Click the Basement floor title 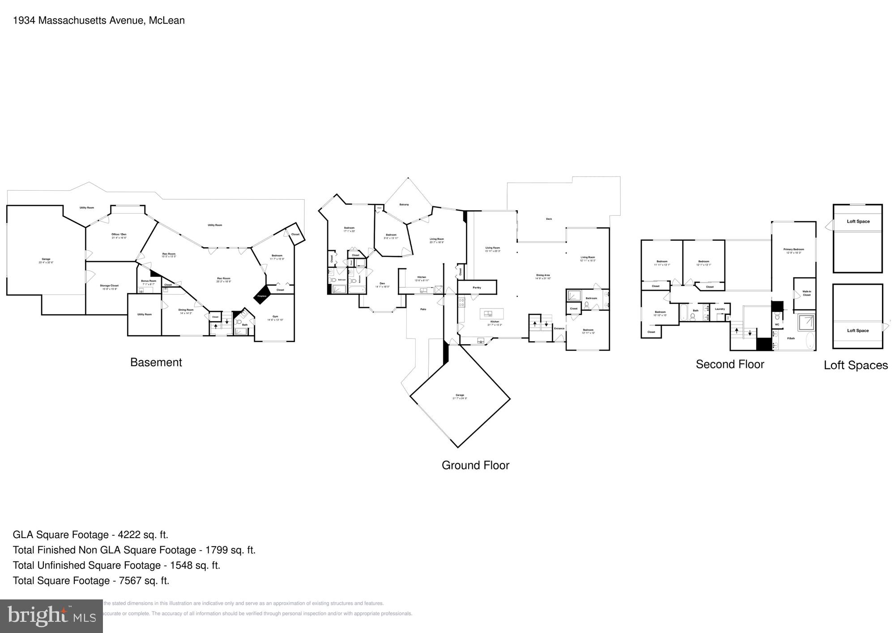[x=156, y=362]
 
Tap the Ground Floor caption [x=475, y=465]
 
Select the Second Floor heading [x=729, y=364]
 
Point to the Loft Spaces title [x=856, y=365]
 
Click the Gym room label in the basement [x=275, y=316]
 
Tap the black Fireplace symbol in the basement [x=261, y=295]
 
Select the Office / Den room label [x=119, y=235]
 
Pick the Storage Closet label [x=109, y=286]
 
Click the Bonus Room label [x=149, y=281]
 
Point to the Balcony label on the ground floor [x=404, y=205]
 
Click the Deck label [x=549, y=219]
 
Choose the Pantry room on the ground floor [x=477, y=287]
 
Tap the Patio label [x=423, y=309]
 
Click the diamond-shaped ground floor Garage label [x=460, y=395]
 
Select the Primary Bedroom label [x=793, y=249]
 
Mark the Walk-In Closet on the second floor [x=806, y=293]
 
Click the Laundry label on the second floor [x=720, y=309]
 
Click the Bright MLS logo [x=51, y=616]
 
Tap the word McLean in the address [x=167, y=21]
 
